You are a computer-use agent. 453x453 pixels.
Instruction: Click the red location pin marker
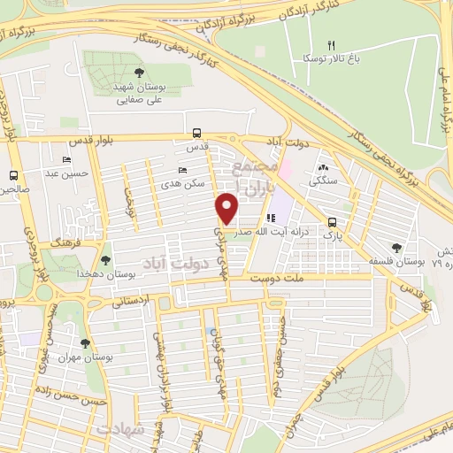click(227, 207)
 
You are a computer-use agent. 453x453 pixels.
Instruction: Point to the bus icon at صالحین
click(13, 175)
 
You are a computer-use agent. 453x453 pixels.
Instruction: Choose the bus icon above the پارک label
click(332, 222)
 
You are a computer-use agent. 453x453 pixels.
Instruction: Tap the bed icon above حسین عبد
click(67, 160)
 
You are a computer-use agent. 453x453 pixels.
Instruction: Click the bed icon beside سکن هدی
click(182, 170)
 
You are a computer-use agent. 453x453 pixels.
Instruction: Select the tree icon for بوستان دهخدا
click(105, 260)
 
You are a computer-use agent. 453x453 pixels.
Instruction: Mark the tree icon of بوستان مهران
click(85, 343)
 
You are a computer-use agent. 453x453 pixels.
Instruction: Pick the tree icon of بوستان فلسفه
click(397, 249)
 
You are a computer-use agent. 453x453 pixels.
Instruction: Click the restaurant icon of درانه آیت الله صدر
click(271, 216)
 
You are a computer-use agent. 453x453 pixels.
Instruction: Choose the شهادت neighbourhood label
click(120, 429)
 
